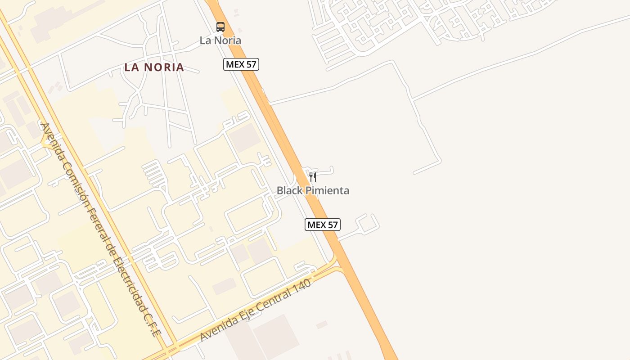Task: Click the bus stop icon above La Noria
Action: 220,27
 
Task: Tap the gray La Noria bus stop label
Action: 220,40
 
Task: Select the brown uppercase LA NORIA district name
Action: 154,67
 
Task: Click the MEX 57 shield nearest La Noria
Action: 241,64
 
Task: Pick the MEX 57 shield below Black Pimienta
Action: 322,225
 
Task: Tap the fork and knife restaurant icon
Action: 313,177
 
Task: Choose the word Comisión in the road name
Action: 71,175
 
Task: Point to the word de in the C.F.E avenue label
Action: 111,249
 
